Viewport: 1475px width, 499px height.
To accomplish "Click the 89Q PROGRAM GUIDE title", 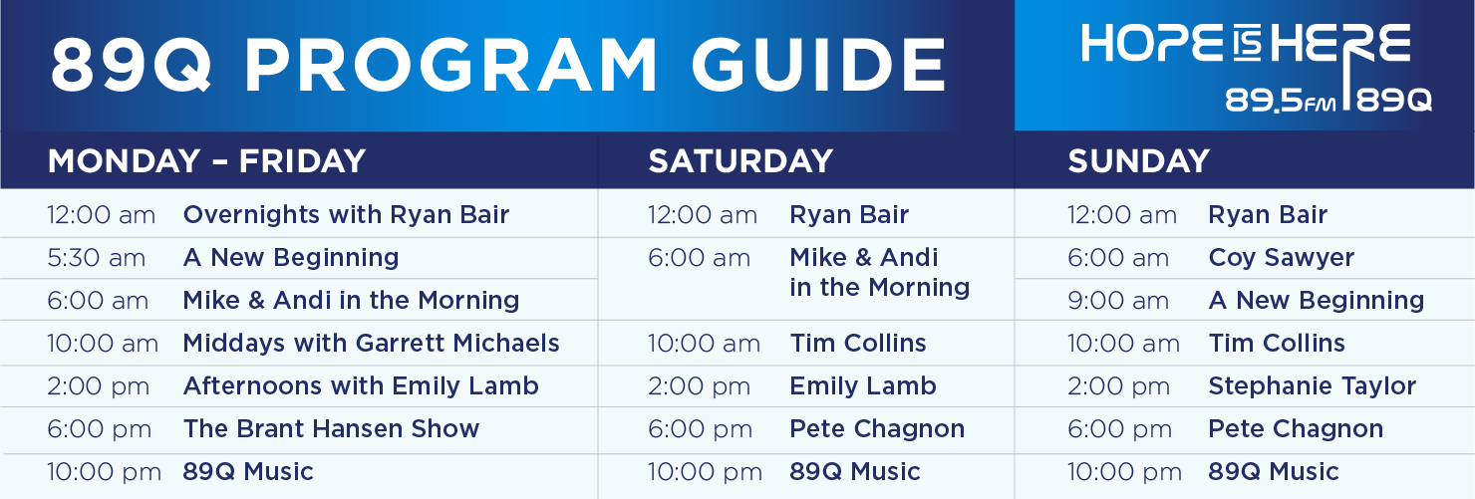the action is click(x=498, y=64).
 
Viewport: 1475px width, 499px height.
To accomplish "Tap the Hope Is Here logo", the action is click(x=1256, y=68).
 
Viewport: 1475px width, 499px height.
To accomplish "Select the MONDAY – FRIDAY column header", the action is click(x=206, y=160).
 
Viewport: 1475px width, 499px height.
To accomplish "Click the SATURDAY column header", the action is click(x=740, y=160).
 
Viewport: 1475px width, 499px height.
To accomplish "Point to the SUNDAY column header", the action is click(x=1138, y=160).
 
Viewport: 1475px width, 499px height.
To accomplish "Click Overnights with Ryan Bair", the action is click(x=346, y=214).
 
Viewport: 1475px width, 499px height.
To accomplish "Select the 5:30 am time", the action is click(x=96, y=258).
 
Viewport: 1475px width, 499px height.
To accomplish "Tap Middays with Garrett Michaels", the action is click(x=371, y=343).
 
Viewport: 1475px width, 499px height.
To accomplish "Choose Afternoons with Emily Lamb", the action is click(x=361, y=385).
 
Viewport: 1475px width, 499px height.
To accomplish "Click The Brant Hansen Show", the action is click(x=331, y=428).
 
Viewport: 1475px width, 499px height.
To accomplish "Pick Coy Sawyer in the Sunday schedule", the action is click(x=1281, y=258).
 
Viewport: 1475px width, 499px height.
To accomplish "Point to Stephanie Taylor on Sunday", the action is click(x=1312, y=386).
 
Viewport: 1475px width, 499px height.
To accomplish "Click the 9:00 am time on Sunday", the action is click(x=1118, y=301).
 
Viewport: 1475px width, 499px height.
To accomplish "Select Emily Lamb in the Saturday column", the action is click(x=863, y=385).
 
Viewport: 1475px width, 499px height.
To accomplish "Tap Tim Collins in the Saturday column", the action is click(x=857, y=343).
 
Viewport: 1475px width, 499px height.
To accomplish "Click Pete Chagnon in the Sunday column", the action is click(x=1296, y=429).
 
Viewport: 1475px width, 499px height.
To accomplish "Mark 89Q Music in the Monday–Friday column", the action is click(x=247, y=472).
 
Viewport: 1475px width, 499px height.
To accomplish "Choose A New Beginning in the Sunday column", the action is click(x=1316, y=301).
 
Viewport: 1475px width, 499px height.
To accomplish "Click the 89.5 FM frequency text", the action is click(x=1280, y=101).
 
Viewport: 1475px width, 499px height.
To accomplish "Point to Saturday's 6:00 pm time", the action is click(x=700, y=429).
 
